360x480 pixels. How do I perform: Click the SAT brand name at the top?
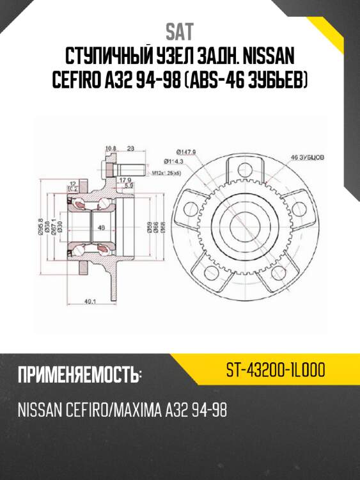point(180,30)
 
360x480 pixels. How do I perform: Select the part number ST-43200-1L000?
point(276,369)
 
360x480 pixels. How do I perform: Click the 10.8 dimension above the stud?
point(110,148)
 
